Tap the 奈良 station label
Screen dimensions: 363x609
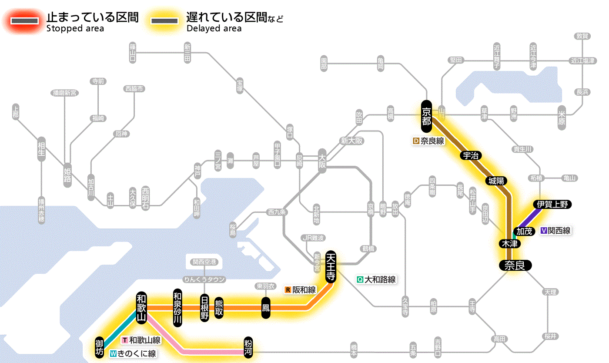515,265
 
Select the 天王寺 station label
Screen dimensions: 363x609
331,267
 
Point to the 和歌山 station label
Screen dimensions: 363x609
141,307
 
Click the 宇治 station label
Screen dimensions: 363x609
471,155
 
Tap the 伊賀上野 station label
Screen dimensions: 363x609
552,204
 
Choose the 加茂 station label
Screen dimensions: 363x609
524,231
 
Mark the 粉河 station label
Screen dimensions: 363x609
249,347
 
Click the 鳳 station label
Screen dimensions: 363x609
265,308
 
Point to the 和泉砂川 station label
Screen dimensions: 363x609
177,307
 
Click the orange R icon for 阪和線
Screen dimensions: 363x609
288,289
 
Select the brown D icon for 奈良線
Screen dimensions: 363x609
416,141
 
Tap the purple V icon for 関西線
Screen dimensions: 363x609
543,231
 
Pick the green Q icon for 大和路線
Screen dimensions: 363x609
360,279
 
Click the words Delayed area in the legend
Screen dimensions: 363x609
214,29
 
